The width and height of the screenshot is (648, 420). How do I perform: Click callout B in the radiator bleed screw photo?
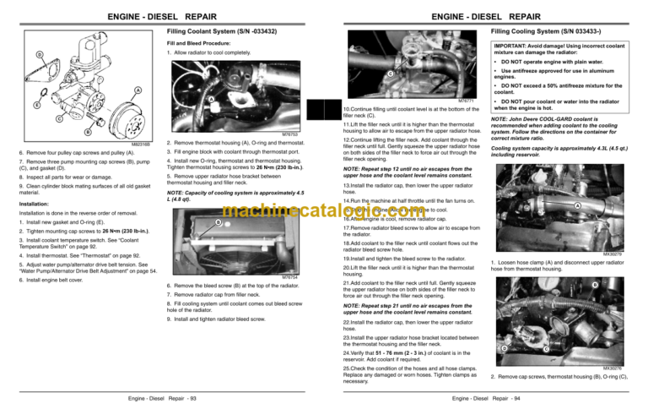217,223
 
